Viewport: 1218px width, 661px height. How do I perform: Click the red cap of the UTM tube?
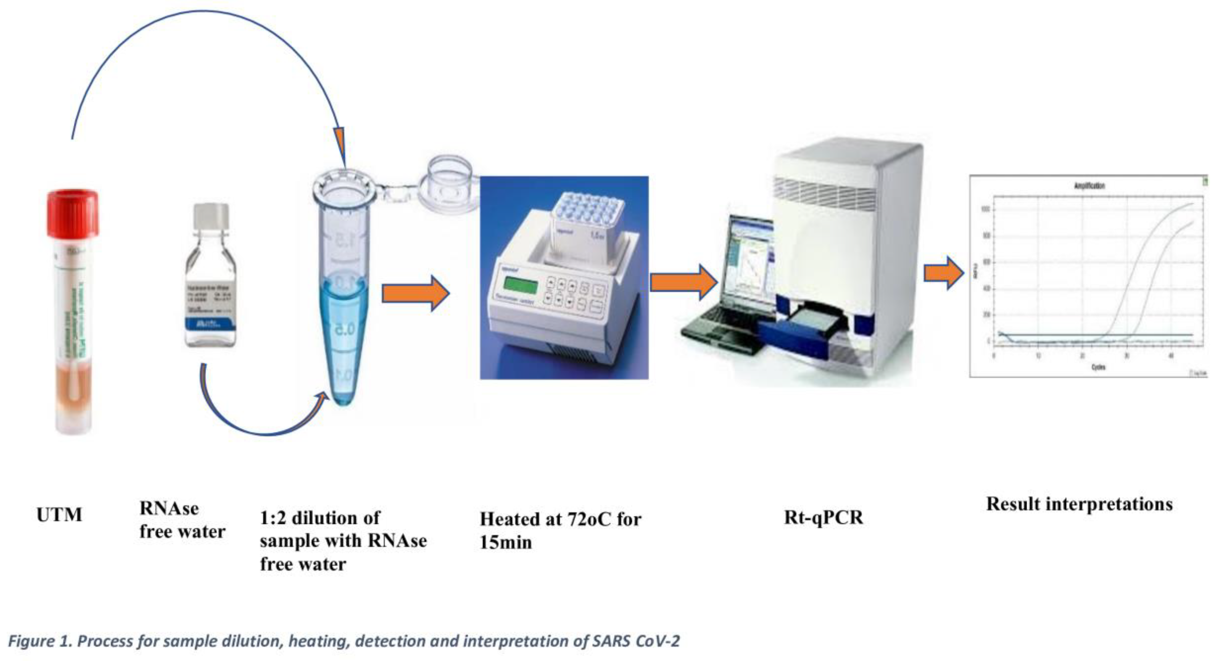coord(72,214)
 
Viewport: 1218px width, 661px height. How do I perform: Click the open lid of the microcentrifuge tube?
coord(450,180)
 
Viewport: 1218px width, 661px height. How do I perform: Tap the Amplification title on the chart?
coord(1089,186)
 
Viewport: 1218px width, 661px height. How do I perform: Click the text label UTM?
coord(59,515)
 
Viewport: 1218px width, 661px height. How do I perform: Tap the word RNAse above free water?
coord(169,509)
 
